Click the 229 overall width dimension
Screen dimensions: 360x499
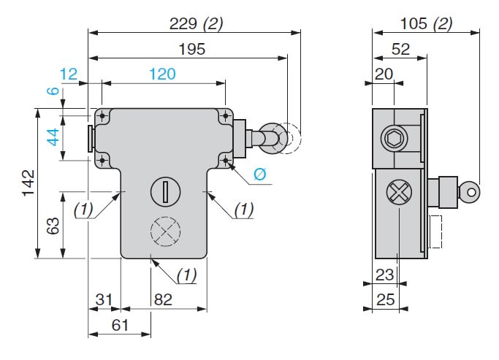[183, 23]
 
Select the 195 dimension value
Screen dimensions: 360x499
[191, 49]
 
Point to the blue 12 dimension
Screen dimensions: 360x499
[69, 74]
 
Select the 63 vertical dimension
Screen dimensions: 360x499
[52, 226]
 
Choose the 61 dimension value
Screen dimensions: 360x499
[120, 325]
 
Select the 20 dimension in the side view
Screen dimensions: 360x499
[384, 74]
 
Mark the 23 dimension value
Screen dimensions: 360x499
[385, 275]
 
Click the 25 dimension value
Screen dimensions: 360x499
[385, 299]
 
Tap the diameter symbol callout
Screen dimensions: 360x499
[259, 175]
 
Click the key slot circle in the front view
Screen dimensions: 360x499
[165, 193]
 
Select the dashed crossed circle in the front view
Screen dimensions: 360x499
[164, 233]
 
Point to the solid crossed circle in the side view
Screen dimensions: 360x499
[397, 194]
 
